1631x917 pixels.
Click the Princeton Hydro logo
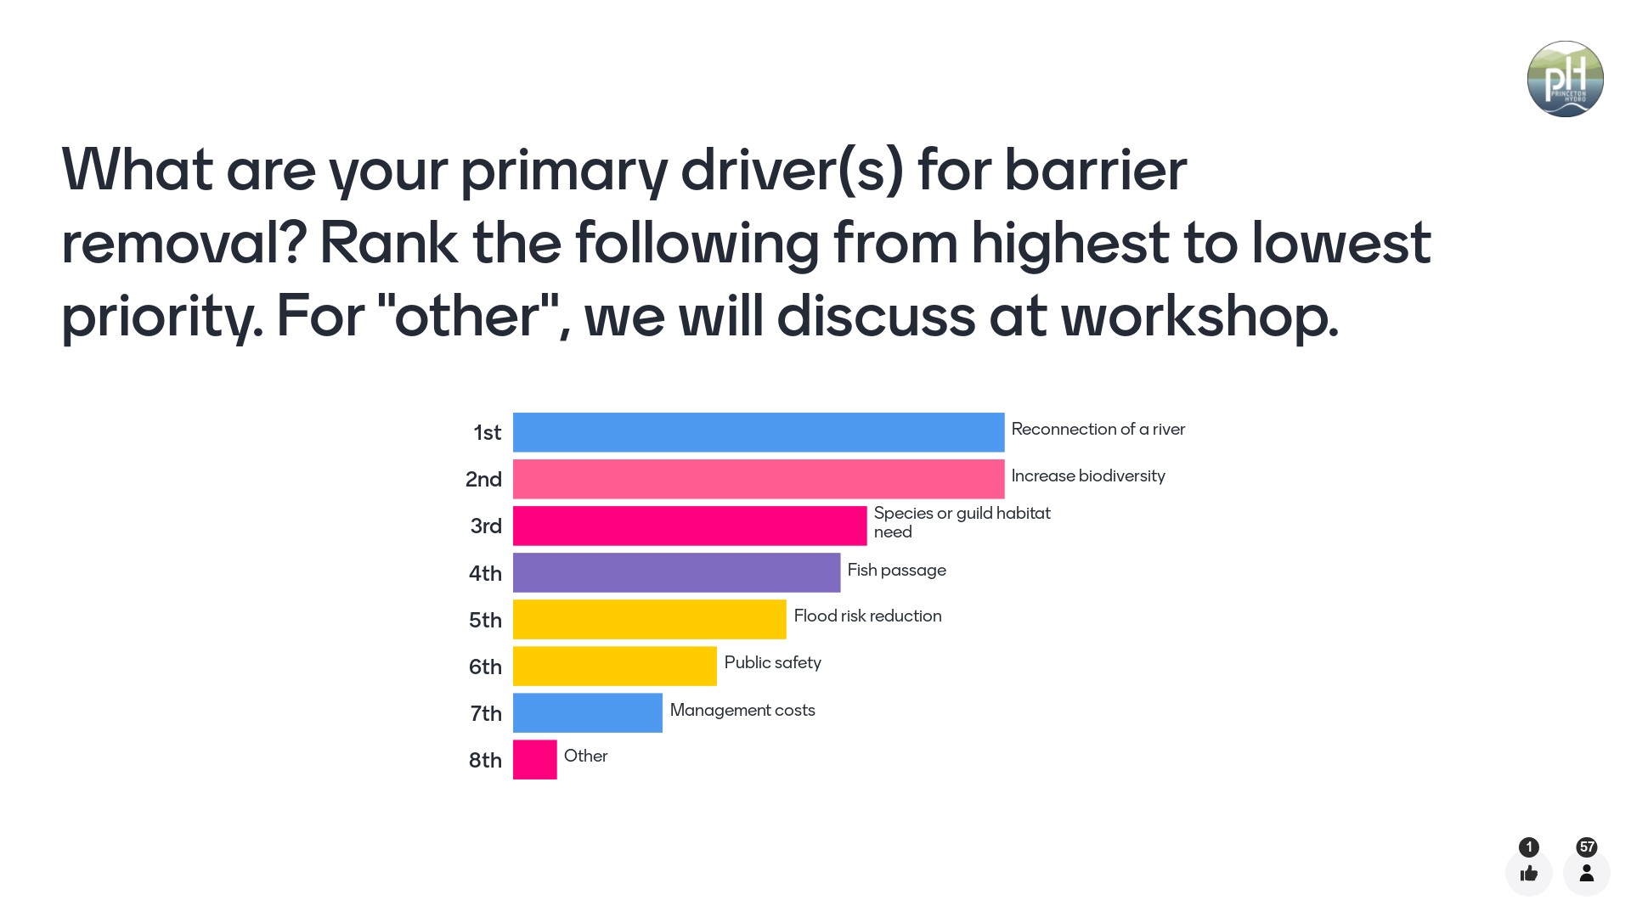[1565, 79]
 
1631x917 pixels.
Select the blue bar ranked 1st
[758, 432]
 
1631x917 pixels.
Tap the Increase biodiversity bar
[758, 479]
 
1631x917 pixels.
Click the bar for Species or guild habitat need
[689, 526]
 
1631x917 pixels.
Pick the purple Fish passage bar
[676, 572]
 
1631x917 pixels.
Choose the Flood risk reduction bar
[649, 619]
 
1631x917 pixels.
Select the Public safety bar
[614, 666]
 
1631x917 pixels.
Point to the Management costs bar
[587, 712]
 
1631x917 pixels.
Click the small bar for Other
[534, 759]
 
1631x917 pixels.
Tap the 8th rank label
[485, 760]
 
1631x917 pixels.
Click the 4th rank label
[485, 573]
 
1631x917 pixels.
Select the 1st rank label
[487, 433]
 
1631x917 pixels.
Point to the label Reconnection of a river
[1098, 429]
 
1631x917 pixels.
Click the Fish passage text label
[896, 570]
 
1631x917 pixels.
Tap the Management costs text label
[742, 710]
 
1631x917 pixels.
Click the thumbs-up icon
[1528, 873]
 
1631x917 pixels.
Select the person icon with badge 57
[1586, 873]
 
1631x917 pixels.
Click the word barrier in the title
[1095, 170]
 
